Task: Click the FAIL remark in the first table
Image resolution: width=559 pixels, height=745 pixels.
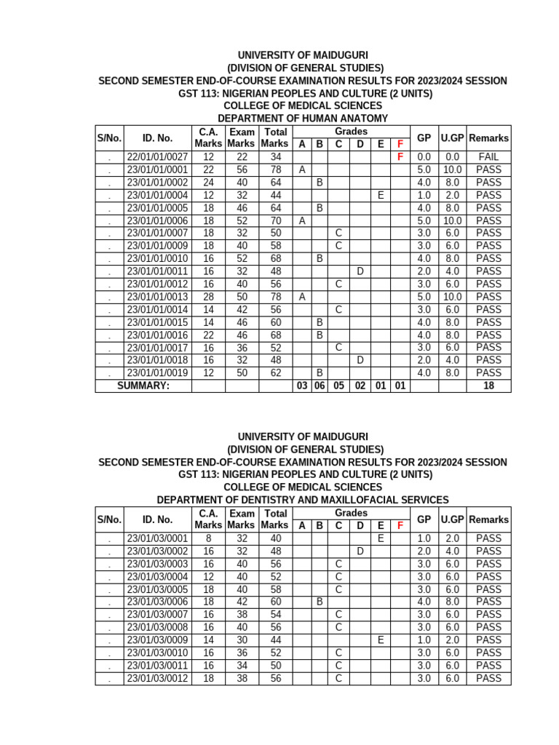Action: (x=488, y=157)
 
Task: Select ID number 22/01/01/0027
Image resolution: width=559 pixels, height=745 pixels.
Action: (x=157, y=157)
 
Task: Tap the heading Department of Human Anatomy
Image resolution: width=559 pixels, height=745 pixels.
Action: (x=303, y=118)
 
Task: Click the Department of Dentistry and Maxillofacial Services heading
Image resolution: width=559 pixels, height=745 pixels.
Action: (x=303, y=500)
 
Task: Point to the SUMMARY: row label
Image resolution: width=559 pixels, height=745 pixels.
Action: (x=143, y=386)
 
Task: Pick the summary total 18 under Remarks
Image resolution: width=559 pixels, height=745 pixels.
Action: (x=488, y=386)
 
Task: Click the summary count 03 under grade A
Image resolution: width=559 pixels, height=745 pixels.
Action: (x=301, y=386)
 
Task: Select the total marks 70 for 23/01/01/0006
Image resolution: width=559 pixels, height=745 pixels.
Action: (x=276, y=220)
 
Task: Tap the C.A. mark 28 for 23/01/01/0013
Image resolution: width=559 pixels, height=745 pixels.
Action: (x=209, y=297)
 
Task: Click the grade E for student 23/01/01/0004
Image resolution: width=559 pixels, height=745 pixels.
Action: (x=380, y=195)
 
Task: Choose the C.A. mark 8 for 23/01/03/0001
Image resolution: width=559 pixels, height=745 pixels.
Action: (x=209, y=538)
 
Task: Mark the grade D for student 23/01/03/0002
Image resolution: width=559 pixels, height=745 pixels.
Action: (x=360, y=551)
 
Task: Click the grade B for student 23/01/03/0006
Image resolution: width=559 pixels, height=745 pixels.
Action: (x=320, y=602)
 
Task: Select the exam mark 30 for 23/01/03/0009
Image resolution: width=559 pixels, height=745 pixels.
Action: (x=242, y=640)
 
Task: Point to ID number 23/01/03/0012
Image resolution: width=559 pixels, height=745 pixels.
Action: (x=157, y=678)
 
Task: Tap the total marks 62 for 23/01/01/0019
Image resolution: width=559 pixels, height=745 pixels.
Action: (x=276, y=373)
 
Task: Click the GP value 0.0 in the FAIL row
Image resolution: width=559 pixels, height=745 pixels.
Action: (x=424, y=157)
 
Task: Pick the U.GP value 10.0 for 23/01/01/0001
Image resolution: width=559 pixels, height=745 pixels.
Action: (x=452, y=170)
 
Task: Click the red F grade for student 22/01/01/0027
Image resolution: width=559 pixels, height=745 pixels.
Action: (x=400, y=157)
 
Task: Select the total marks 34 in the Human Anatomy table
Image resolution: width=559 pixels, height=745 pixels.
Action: (x=276, y=157)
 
